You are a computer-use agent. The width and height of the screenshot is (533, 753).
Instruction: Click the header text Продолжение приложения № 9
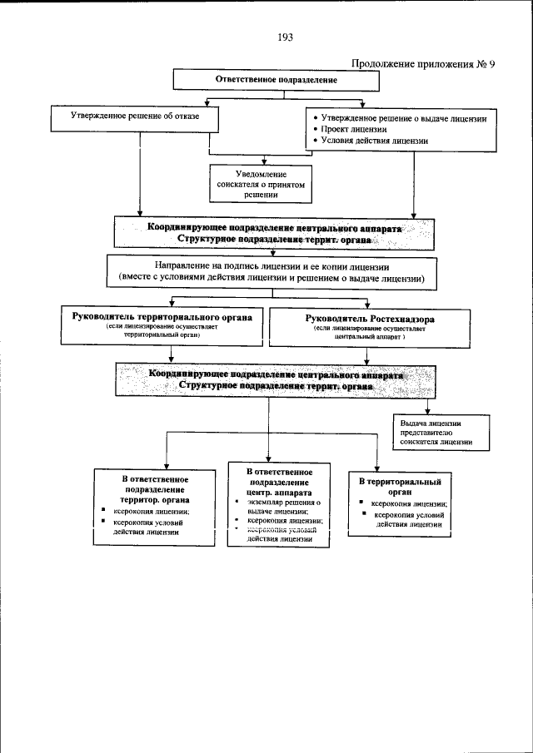click(423, 64)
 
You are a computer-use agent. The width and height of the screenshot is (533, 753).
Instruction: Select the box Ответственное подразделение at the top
click(276, 81)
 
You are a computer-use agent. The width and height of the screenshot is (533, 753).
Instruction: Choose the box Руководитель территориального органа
click(162, 327)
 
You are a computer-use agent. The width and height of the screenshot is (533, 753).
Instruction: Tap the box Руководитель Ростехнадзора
click(370, 327)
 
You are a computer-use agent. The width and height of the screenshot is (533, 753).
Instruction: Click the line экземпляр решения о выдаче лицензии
click(278, 508)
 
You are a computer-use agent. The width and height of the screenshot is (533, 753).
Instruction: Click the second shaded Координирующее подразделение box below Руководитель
click(274, 381)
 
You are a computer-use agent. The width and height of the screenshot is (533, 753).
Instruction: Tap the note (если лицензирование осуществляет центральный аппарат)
click(370, 339)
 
